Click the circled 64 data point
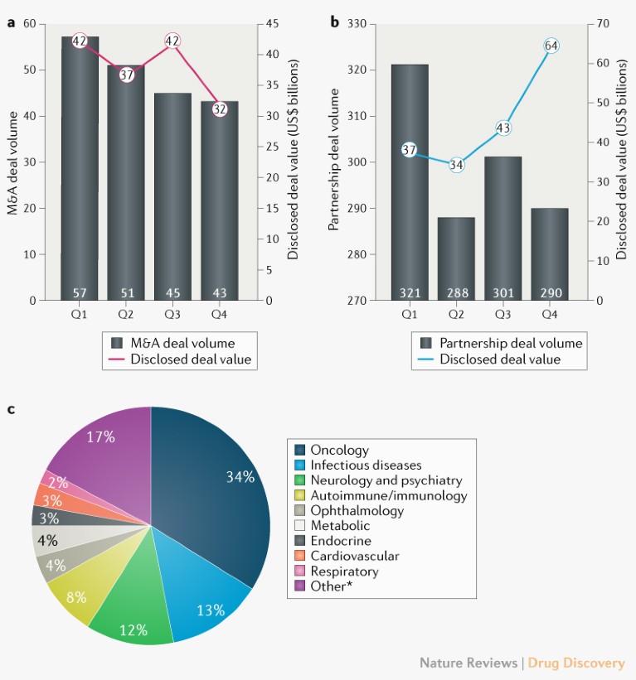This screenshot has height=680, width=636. pos(551,46)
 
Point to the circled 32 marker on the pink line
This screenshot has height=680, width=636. pos(220,109)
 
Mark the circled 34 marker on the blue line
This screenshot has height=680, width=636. pos(457,164)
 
